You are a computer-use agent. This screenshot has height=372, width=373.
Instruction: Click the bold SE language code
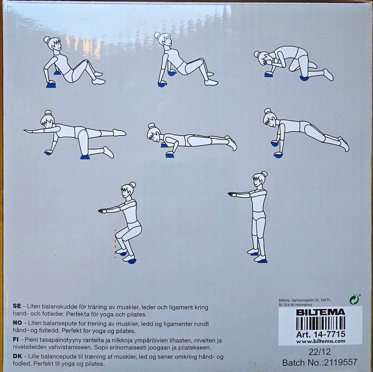[17, 306]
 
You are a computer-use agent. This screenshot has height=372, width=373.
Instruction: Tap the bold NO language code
[17, 323]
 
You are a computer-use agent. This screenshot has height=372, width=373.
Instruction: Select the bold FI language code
[16, 339]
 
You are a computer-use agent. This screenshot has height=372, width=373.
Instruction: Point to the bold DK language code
[17, 356]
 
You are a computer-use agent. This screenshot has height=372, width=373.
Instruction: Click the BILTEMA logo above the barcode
[320, 312]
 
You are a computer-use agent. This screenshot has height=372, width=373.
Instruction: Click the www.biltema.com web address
[321, 341]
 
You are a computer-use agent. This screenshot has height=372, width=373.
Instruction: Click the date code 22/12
[320, 352]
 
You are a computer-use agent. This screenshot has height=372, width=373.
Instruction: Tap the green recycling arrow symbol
[354, 299]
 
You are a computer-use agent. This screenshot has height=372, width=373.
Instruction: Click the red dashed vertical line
[115, 244]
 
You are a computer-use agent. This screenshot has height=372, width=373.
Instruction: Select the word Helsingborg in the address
[303, 305]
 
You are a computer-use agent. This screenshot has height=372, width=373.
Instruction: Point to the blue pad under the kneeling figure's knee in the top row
[304, 78]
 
